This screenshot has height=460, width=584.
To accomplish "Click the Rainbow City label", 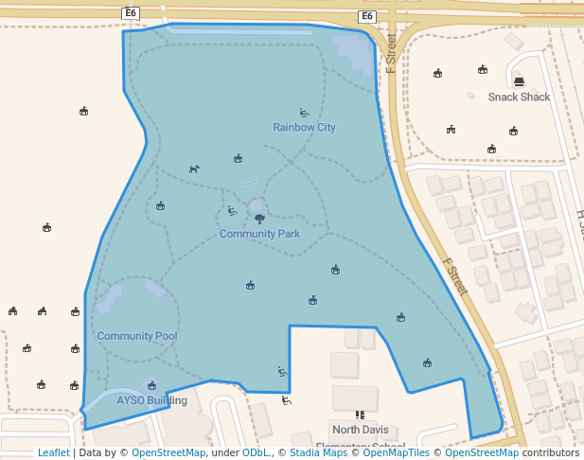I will (x=304, y=127).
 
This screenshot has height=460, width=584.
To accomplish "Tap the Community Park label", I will (x=259, y=233).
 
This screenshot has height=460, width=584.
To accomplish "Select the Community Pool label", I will (x=137, y=336).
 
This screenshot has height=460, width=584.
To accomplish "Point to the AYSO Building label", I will (x=151, y=400).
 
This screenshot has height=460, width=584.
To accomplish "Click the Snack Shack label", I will (x=519, y=97).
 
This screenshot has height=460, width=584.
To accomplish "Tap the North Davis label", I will (x=360, y=430).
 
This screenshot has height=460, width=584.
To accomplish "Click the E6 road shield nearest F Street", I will (x=366, y=16).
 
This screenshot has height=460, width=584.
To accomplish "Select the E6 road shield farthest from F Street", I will (x=130, y=12).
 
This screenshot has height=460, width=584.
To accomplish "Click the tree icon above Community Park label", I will (x=259, y=219).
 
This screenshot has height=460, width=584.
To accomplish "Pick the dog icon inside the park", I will (x=194, y=168).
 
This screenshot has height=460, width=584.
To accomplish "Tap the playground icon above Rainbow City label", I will (x=304, y=113).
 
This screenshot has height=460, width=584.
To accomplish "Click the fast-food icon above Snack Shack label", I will (x=518, y=80).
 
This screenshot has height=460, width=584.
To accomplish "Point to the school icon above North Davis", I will (x=360, y=415).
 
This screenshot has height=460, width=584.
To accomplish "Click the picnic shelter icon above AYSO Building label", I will (x=151, y=385).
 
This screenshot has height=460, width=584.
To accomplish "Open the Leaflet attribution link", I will (x=53, y=452).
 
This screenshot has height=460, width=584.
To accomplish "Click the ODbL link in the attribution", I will (x=256, y=452).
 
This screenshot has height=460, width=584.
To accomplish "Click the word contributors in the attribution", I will (x=550, y=452).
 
